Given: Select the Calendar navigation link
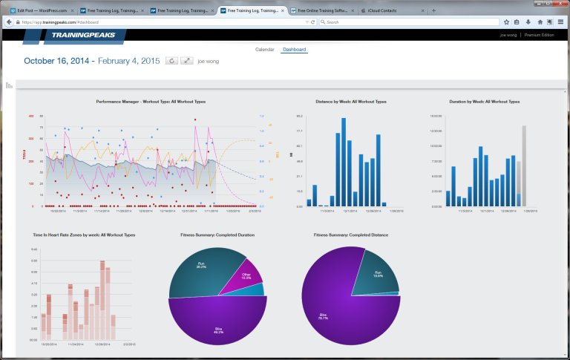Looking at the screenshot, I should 264,50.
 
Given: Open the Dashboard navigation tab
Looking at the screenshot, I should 294,50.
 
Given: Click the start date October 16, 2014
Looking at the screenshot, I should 57,62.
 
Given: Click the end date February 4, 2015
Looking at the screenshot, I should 129,62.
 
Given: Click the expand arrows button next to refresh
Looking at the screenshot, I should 188,62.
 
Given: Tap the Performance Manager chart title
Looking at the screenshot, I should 151,101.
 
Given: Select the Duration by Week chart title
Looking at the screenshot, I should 484,101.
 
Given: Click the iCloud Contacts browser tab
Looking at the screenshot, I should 391,11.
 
